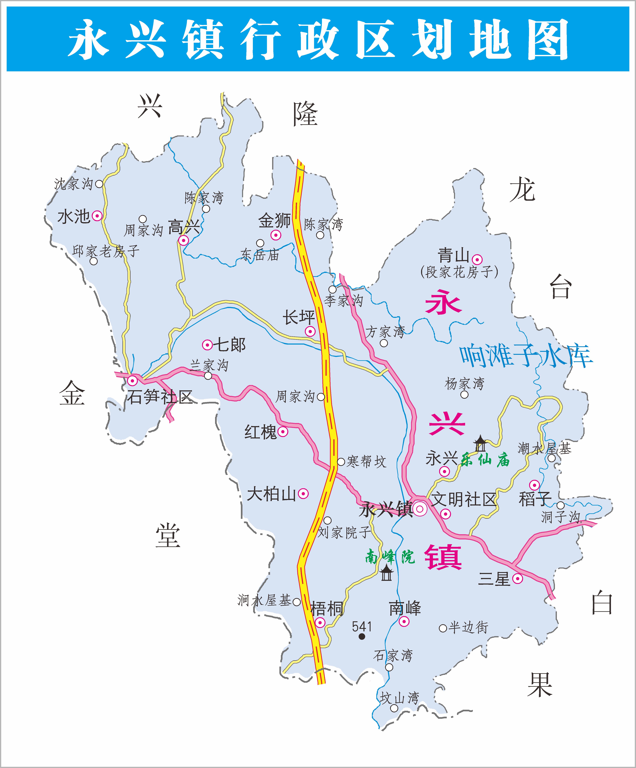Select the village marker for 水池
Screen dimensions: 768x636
coord(97,216)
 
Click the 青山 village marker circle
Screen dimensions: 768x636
coord(477,260)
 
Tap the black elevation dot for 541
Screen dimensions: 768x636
coord(362,636)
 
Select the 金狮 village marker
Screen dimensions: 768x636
coord(276,235)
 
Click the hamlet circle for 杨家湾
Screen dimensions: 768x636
coord(464,395)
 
